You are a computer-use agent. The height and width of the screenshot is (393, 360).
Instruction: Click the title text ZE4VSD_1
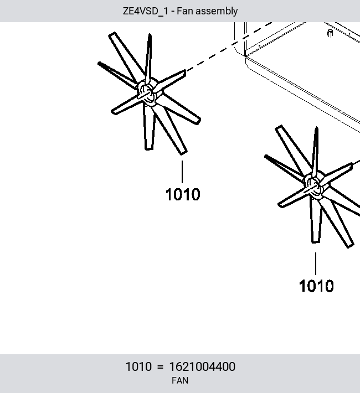(146, 11)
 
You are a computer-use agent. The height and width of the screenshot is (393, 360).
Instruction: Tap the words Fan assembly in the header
(207, 11)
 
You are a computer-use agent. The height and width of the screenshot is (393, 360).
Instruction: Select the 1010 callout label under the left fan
(183, 194)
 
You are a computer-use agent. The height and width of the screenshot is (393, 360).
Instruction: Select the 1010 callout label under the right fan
(316, 286)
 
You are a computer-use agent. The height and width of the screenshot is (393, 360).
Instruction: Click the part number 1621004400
(202, 366)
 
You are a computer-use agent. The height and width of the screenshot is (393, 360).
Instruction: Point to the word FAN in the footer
(180, 380)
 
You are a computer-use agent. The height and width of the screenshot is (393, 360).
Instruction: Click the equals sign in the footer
(160, 367)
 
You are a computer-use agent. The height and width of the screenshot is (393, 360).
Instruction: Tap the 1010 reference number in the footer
(138, 366)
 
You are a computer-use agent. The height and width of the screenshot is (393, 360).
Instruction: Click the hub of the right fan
(314, 186)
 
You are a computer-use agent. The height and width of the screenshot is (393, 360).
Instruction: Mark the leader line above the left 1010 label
(182, 172)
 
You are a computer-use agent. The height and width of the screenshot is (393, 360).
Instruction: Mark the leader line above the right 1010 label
(316, 263)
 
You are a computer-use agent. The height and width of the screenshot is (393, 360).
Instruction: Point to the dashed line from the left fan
(229, 46)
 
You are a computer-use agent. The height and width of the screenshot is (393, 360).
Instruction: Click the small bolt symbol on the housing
(330, 33)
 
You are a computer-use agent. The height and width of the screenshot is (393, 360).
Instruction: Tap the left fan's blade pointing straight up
(149, 58)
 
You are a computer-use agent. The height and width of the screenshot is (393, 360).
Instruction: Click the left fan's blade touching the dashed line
(170, 80)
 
